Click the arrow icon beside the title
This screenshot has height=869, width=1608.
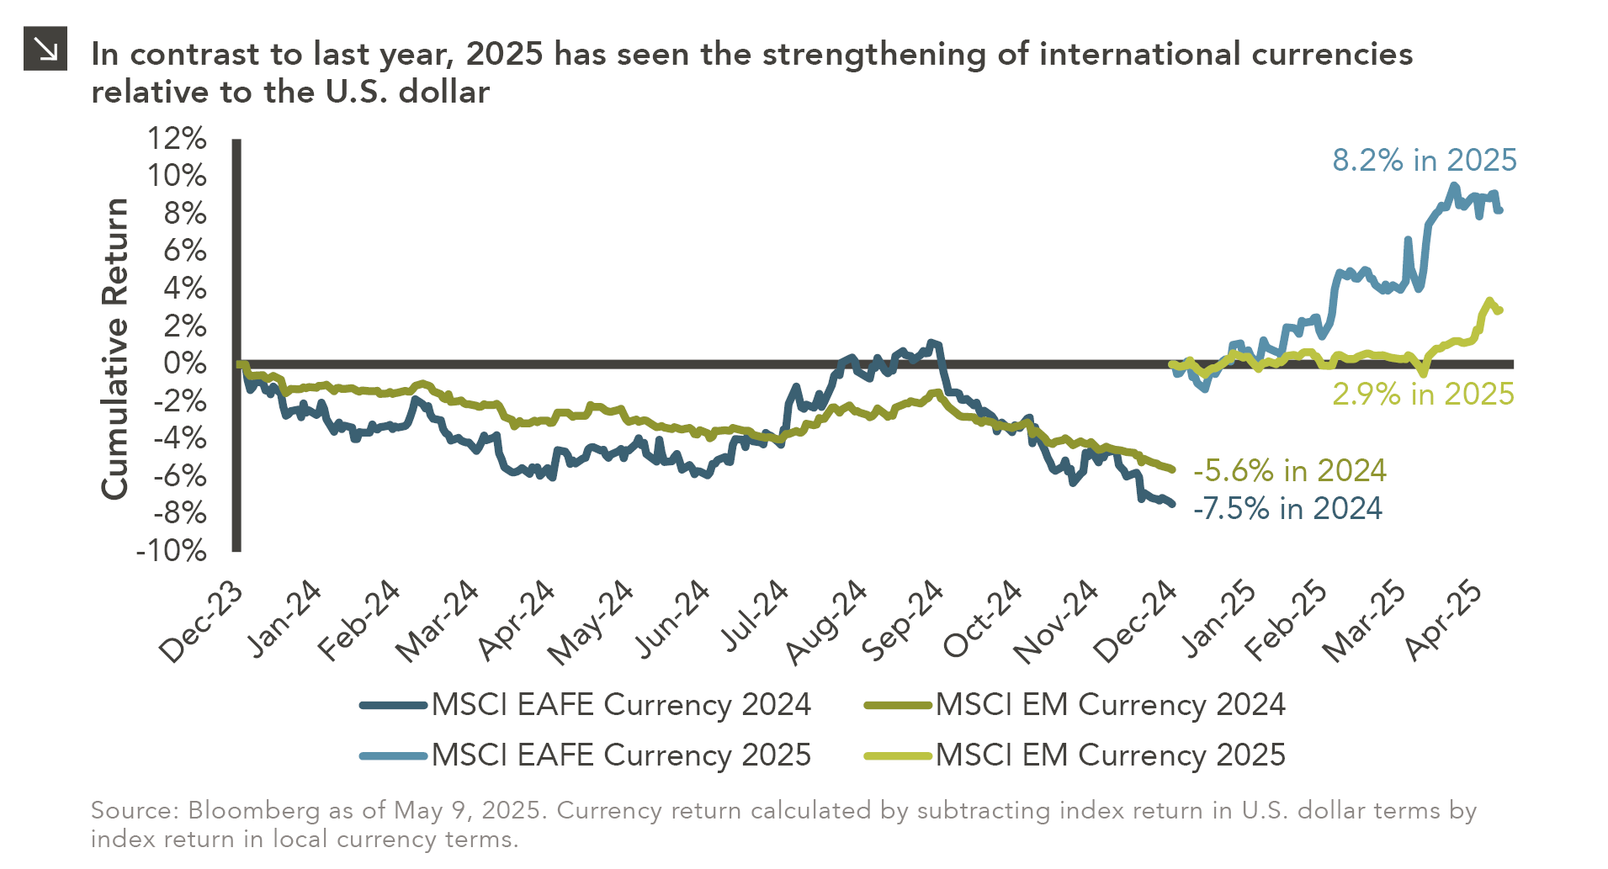[x=45, y=48]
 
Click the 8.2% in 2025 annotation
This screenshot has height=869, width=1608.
[x=1424, y=160]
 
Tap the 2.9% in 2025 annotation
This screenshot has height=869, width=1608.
[x=1423, y=394]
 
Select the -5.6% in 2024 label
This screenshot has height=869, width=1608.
[x=1289, y=470]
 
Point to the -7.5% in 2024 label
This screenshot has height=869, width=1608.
[x=1287, y=508]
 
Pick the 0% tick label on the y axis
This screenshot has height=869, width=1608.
[x=184, y=363]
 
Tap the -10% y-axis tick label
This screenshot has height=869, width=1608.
[x=171, y=551]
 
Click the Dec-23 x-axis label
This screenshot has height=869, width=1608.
[x=200, y=623]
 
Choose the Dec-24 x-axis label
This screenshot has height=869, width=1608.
[x=1134, y=623]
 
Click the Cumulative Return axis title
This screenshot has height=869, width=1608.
[x=115, y=348]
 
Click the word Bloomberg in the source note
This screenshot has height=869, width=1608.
[x=253, y=811]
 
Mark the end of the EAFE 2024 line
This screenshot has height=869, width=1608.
[x=1172, y=504]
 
